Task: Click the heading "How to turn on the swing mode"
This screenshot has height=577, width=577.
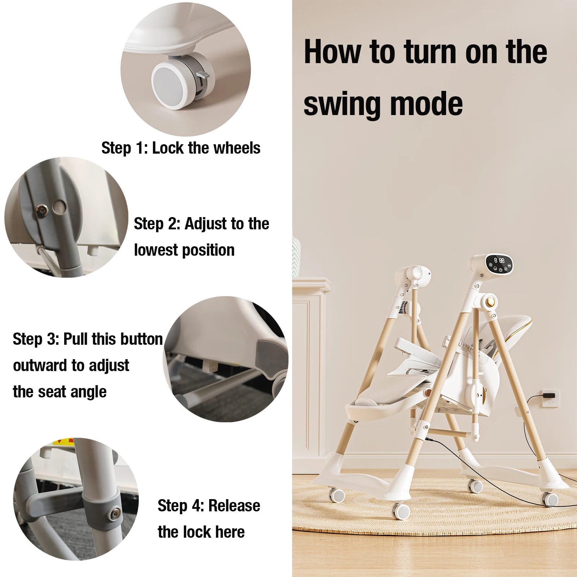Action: click(x=426, y=77)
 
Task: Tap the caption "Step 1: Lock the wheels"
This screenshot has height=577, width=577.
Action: click(x=181, y=148)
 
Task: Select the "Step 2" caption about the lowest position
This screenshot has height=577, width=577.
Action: click(x=202, y=237)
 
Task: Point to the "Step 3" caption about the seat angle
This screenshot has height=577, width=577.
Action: click(x=88, y=365)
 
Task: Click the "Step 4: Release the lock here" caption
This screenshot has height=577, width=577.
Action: click(x=209, y=519)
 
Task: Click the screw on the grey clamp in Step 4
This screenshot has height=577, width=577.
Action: click(x=115, y=514)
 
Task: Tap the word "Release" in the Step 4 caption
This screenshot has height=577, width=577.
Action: click(x=234, y=506)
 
